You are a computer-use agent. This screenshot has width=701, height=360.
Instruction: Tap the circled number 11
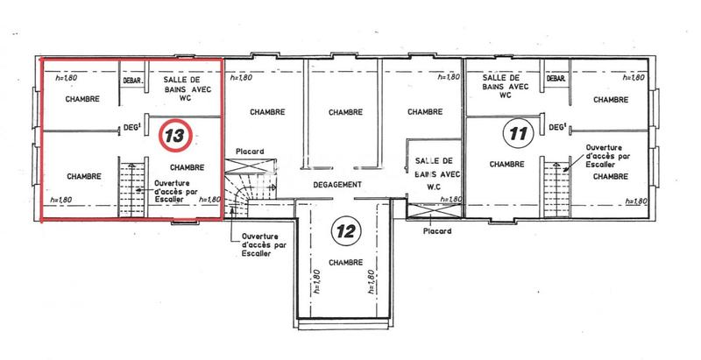518,134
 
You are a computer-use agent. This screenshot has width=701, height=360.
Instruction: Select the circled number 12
345,230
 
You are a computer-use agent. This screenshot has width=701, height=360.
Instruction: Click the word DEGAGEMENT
339,184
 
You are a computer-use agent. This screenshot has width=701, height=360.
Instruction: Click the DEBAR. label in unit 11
555,79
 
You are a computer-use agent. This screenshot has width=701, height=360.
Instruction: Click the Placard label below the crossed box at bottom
435,232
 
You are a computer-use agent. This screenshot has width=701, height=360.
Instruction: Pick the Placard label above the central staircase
249,151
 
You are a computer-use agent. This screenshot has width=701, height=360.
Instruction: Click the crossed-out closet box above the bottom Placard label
435,212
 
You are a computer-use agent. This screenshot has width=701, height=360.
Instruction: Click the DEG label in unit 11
556,128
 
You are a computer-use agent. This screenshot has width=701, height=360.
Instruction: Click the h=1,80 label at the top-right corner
634,78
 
